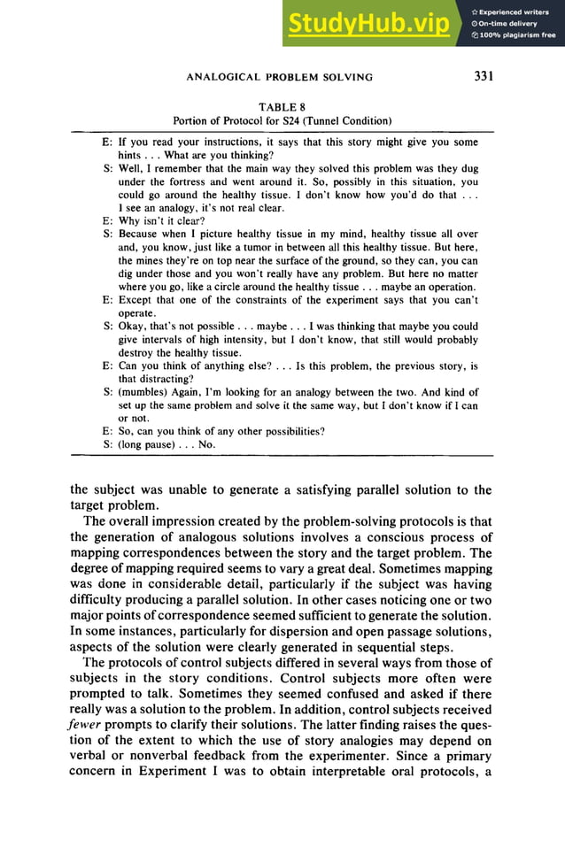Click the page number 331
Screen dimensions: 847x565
point(483,76)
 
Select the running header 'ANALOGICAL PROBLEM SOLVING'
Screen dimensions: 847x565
point(279,77)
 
